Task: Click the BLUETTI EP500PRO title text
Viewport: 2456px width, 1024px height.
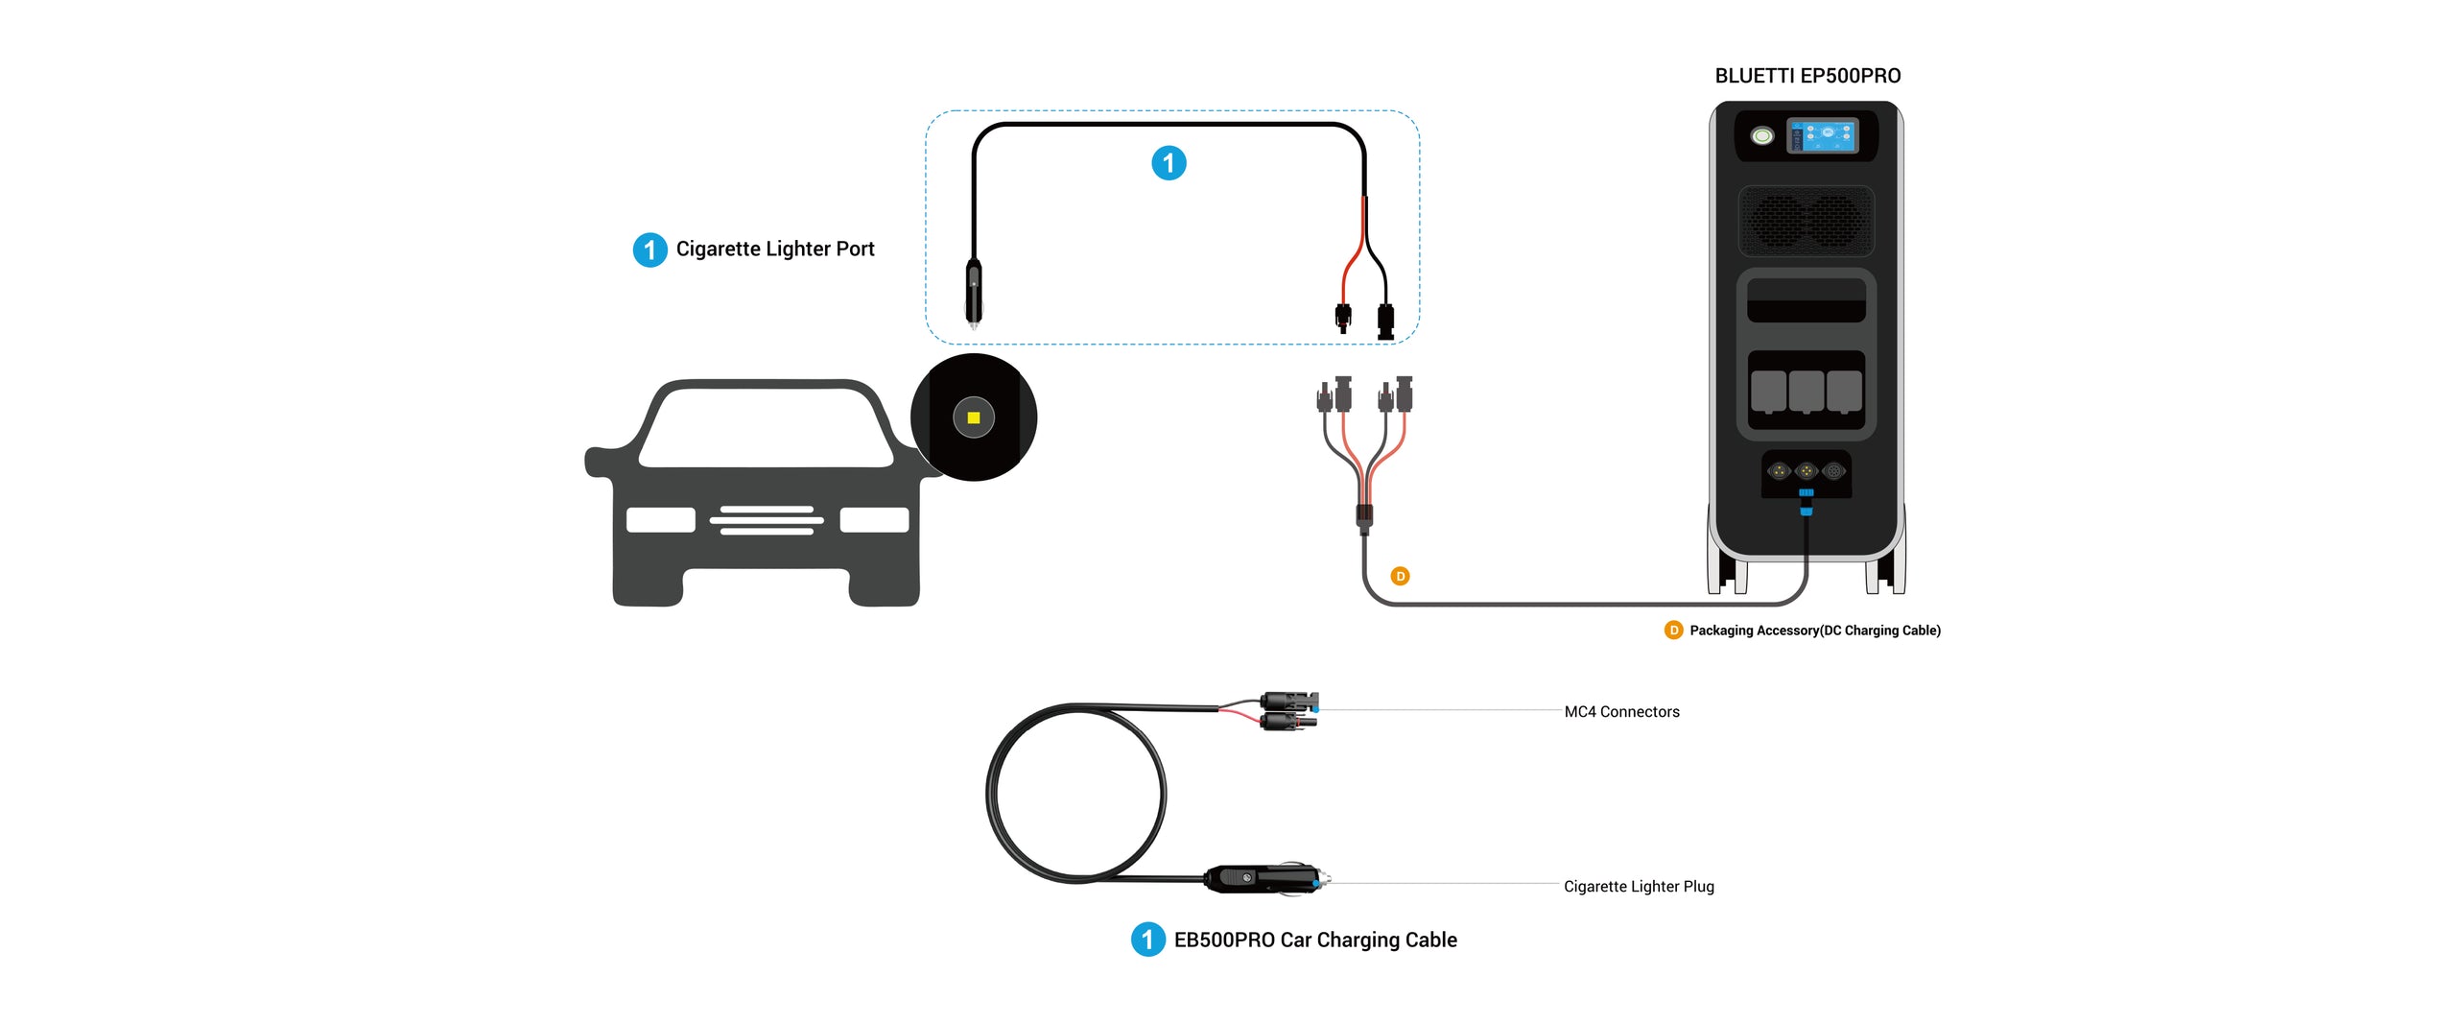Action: (x=1807, y=76)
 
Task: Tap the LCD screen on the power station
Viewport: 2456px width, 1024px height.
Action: (x=1823, y=135)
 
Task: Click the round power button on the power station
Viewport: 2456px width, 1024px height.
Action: (x=1762, y=136)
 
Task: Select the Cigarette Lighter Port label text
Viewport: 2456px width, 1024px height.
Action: (x=775, y=250)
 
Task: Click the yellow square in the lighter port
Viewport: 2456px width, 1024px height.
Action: (x=974, y=417)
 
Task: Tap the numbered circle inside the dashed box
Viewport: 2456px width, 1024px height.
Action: (x=1169, y=163)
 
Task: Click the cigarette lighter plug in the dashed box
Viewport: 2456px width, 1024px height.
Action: (x=974, y=293)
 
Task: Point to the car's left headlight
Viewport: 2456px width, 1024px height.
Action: (x=661, y=520)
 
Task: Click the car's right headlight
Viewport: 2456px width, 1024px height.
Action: (x=874, y=520)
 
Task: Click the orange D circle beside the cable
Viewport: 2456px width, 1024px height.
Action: (x=1401, y=576)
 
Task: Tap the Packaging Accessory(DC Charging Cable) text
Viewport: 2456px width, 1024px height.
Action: (x=1814, y=631)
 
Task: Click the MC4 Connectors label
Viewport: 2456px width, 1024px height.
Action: (x=1621, y=712)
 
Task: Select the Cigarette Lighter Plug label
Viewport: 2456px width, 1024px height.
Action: (x=1639, y=887)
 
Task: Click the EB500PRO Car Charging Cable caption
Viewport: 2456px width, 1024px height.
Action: (x=1315, y=941)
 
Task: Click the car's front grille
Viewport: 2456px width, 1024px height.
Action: (x=767, y=520)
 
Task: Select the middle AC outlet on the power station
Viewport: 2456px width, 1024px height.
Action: (x=1807, y=392)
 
